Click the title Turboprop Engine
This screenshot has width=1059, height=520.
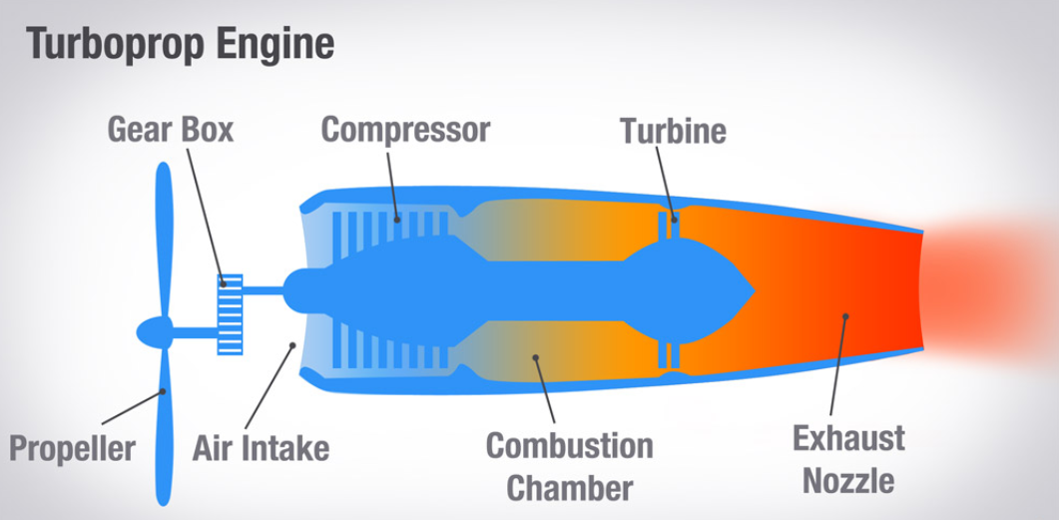[180, 45]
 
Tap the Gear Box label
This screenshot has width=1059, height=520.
[171, 130]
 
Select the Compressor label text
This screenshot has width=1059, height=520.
[405, 130]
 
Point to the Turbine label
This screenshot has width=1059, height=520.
[673, 131]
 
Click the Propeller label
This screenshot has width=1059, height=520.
[72, 448]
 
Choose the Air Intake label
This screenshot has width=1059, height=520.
[261, 448]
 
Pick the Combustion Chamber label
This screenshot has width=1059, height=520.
[569, 466]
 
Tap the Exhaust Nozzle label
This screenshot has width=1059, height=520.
[848, 459]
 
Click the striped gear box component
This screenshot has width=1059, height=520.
[231, 313]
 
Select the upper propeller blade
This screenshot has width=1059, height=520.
[164, 240]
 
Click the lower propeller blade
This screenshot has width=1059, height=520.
[163, 429]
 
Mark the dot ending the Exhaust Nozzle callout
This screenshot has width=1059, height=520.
[845, 317]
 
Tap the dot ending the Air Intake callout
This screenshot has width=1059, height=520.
[291, 345]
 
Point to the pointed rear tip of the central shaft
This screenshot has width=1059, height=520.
[751, 290]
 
